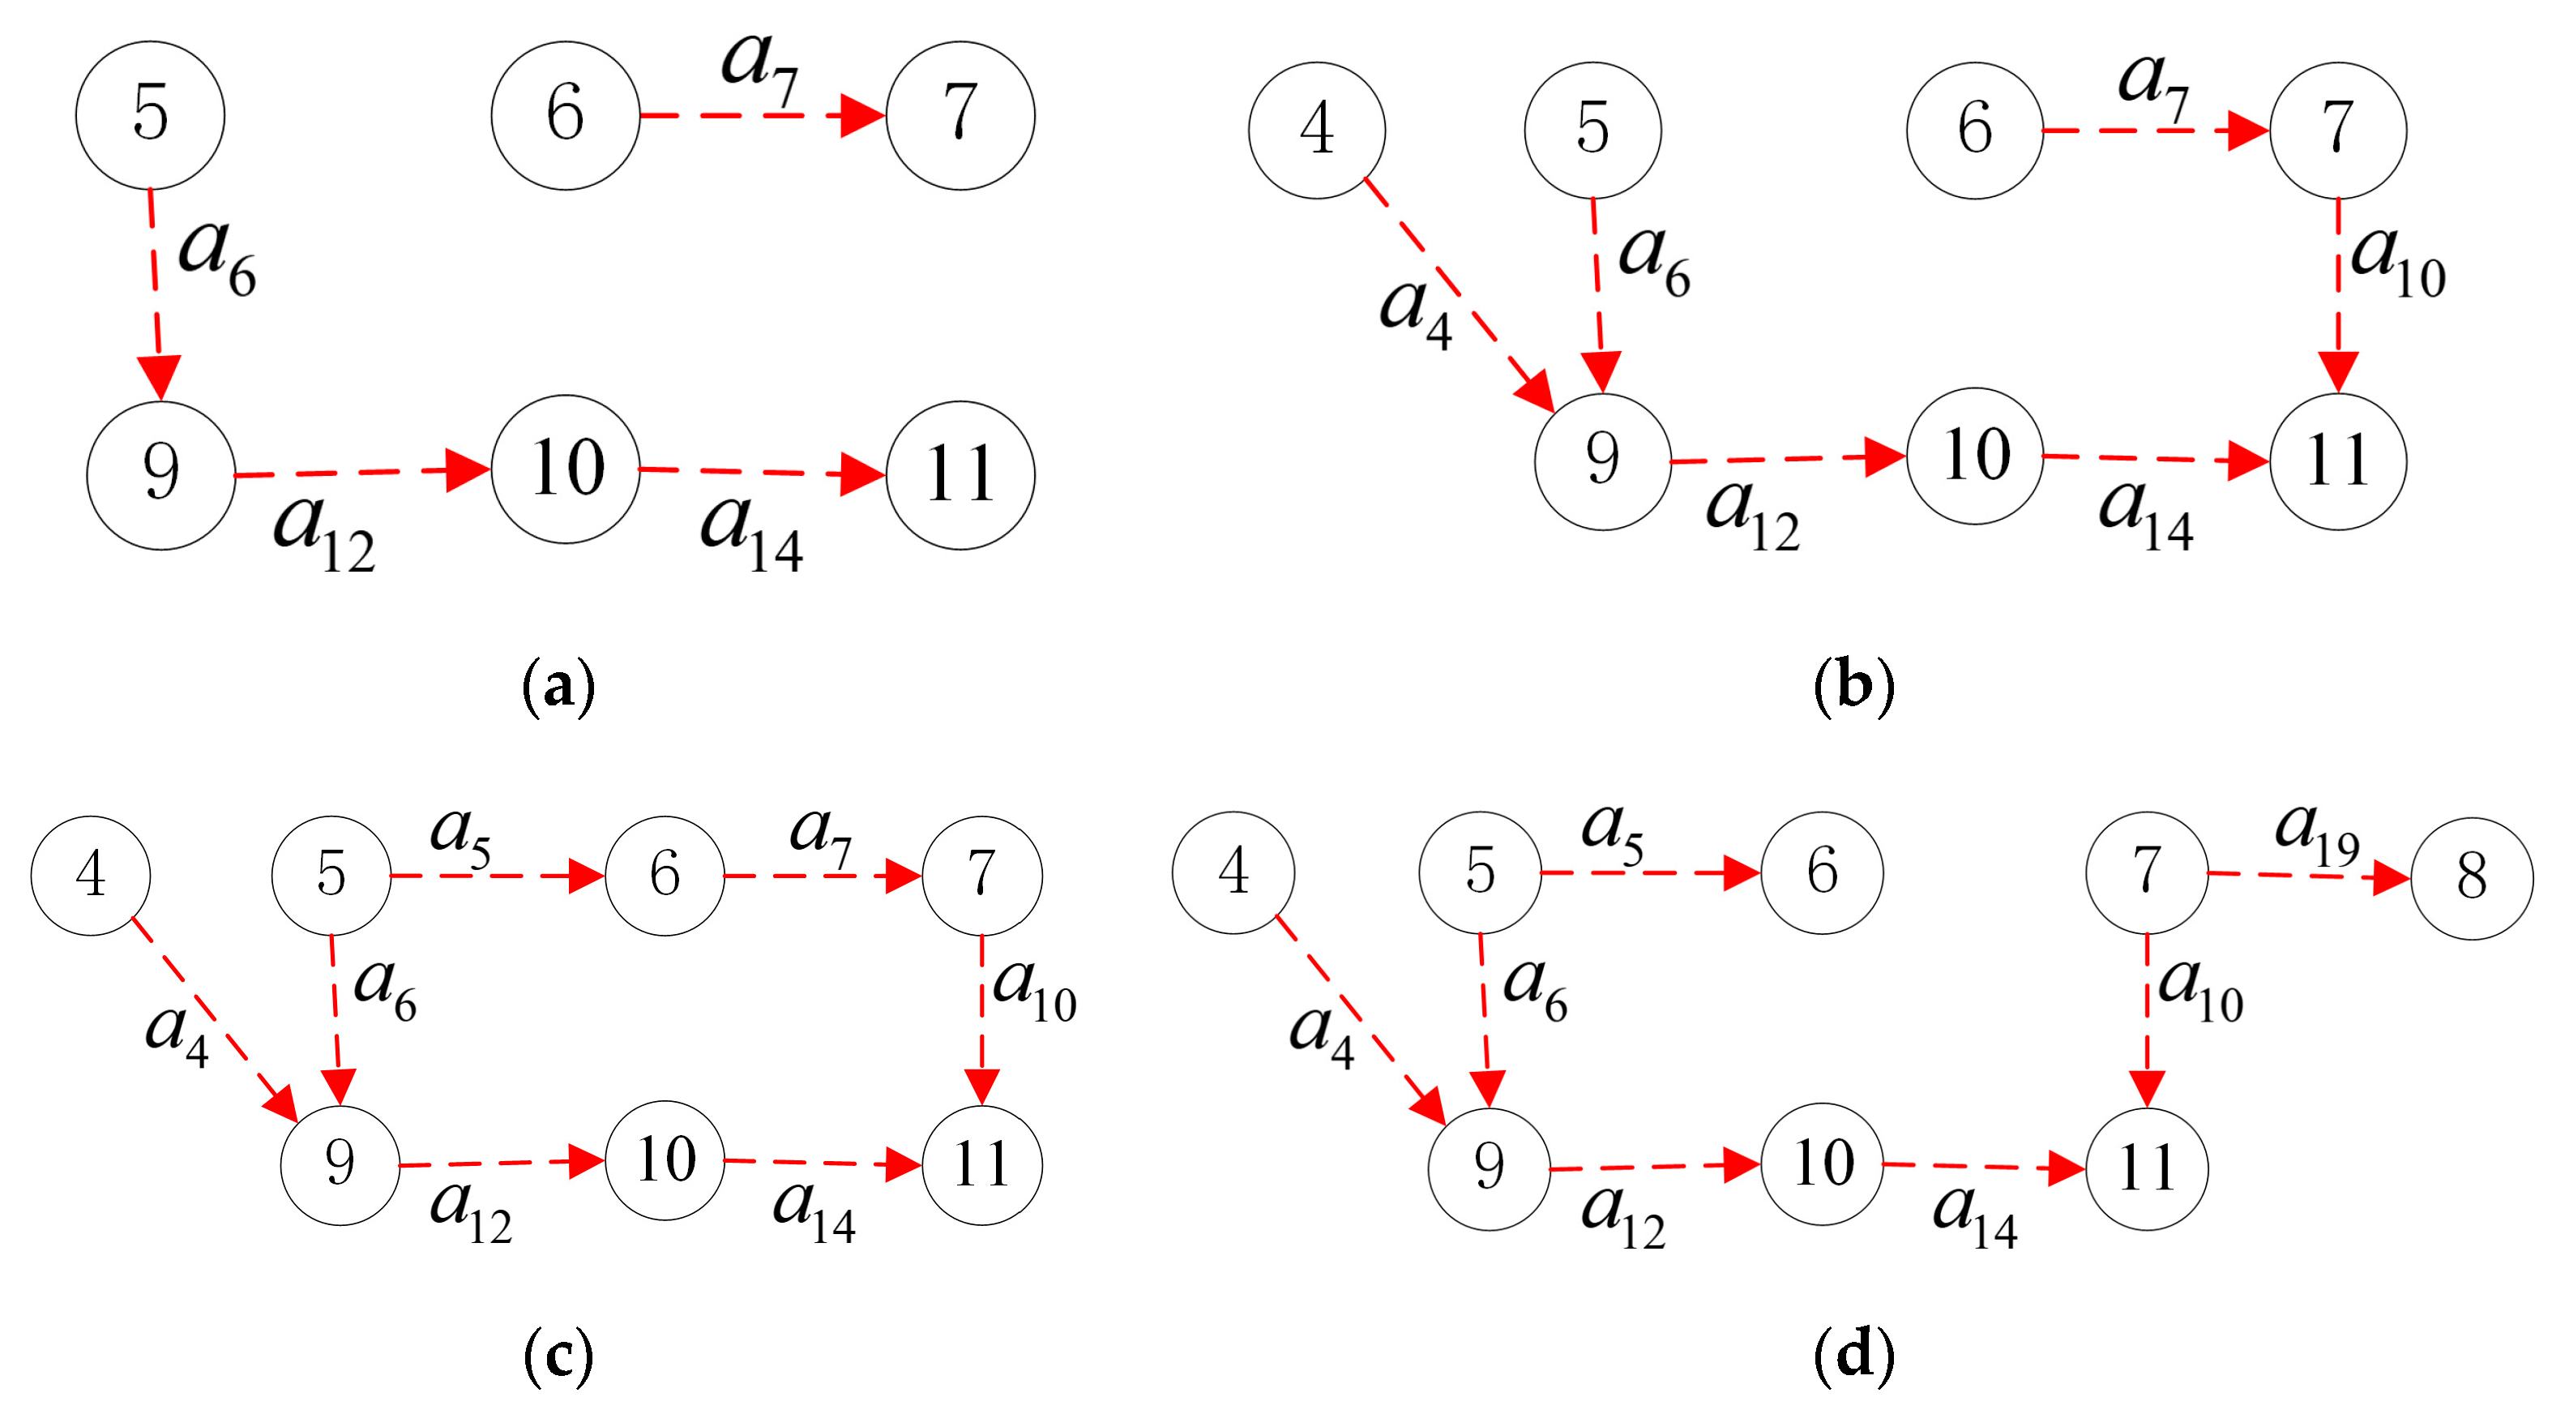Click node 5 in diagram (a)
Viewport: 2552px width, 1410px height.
[150, 115]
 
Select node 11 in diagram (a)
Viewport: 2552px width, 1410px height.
[960, 474]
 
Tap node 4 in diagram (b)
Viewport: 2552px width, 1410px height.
[1317, 130]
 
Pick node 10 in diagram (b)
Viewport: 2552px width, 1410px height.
[1974, 456]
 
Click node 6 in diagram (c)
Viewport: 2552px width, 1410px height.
[664, 875]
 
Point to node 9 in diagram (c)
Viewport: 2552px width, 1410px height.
[340, 1165]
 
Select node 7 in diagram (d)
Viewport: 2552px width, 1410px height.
[2147, 872]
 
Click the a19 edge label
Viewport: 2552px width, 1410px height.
[2316, 834]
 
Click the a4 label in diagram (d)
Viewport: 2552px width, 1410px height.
[1322, 1035]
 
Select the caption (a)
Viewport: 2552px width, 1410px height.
[558, 686]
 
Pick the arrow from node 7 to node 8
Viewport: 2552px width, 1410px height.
[2308, 876]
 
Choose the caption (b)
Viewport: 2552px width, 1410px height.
[1853, 686]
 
